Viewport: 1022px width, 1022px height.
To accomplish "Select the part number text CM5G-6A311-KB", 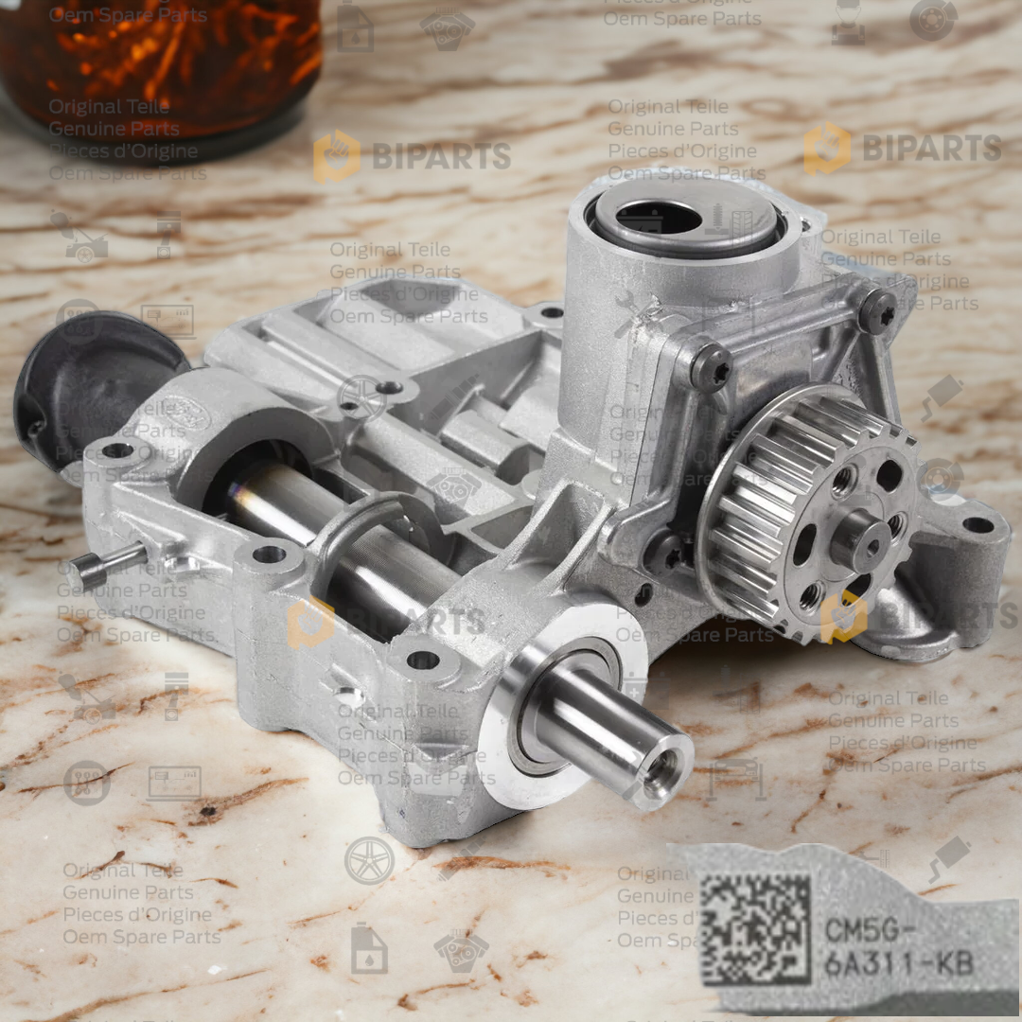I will coord(897,945).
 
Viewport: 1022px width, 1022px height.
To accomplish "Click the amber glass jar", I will coord(161,66).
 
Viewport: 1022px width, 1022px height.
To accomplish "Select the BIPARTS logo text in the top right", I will coord(931,148).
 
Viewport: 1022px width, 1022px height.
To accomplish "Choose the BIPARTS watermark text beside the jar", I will coord(440,156).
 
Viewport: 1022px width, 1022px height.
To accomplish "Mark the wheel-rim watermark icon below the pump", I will coord(369,860).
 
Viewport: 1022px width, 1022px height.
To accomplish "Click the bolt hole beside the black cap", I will coord(116,450).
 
